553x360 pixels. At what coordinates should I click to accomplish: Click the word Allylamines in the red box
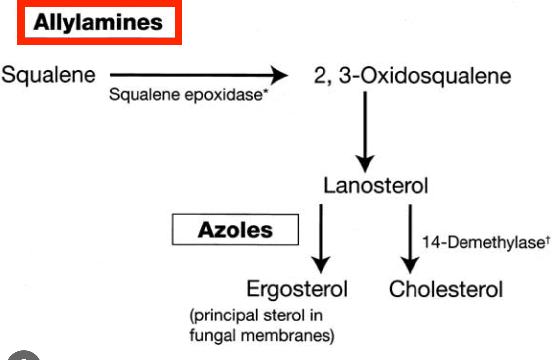97,23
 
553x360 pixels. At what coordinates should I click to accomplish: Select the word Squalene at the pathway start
48,75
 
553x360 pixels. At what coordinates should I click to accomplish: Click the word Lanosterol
376,186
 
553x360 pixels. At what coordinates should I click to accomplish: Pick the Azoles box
235,229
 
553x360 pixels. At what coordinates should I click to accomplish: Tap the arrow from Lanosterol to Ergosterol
322,237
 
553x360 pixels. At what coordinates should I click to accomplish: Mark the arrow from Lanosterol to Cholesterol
410,237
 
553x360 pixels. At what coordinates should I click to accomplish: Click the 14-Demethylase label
478,243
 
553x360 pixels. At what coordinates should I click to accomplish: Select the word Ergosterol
297,289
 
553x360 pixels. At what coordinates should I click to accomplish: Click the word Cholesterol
446,289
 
